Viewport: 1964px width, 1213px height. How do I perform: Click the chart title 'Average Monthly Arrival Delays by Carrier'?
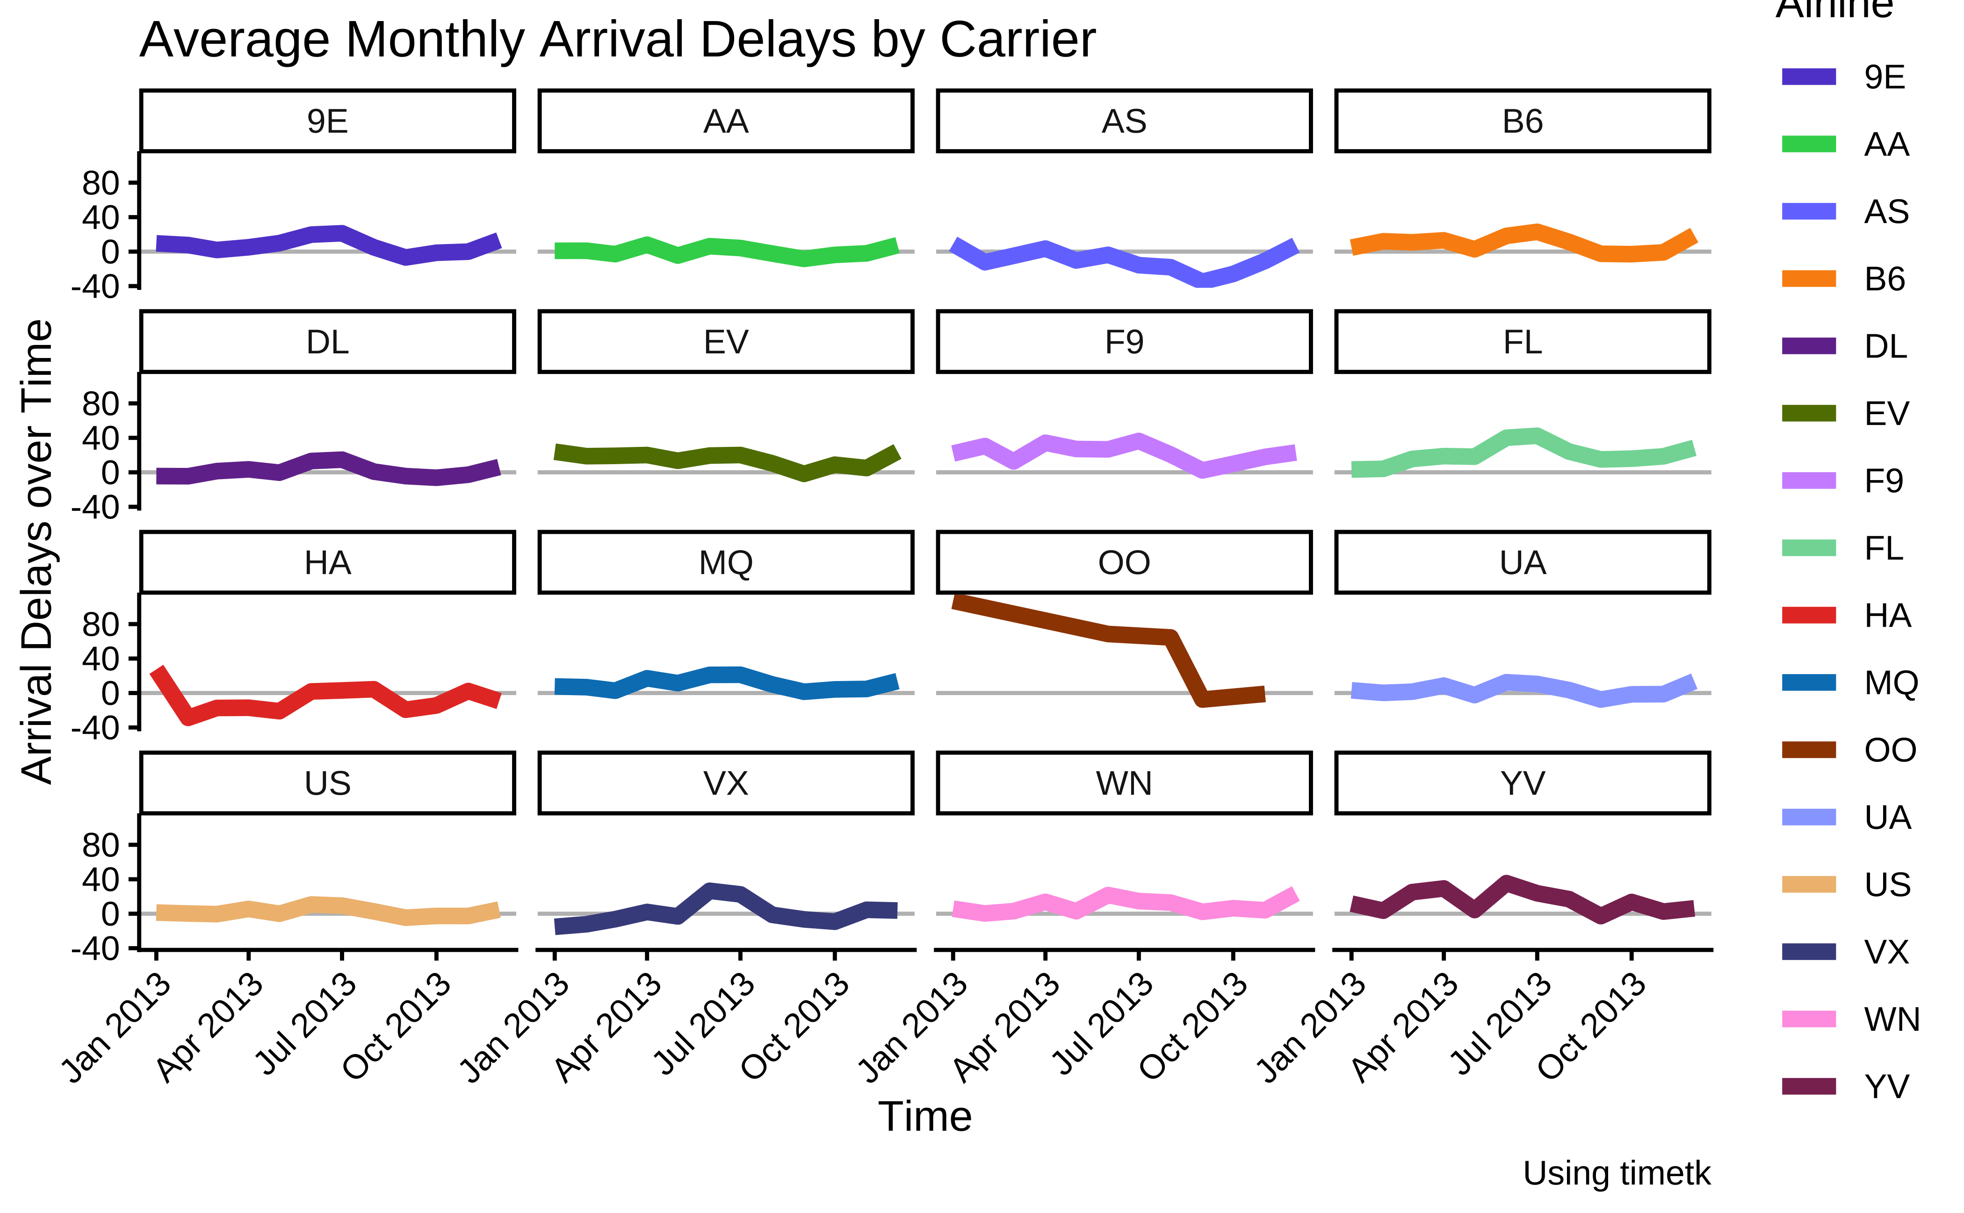pyautogui.click(x=616, y=40)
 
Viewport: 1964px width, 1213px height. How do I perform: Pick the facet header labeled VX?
pyautogui.click(x=726, y=783)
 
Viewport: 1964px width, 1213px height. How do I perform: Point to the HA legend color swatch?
pyautogui.click(x=1808, y=615)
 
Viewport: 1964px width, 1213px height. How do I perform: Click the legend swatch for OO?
pyautogui.click(x=1808, y=750)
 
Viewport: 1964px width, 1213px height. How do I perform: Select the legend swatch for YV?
pyautogui.click(x=1808, y=1086)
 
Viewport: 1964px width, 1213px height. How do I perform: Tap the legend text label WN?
pyautogui.click(x=1891, y=1019)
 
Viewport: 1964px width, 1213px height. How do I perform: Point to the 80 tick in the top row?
pyautogui.click(x=101, y=184)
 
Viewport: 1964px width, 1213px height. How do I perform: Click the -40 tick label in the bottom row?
pyautogui.click(x=95, y=949)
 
